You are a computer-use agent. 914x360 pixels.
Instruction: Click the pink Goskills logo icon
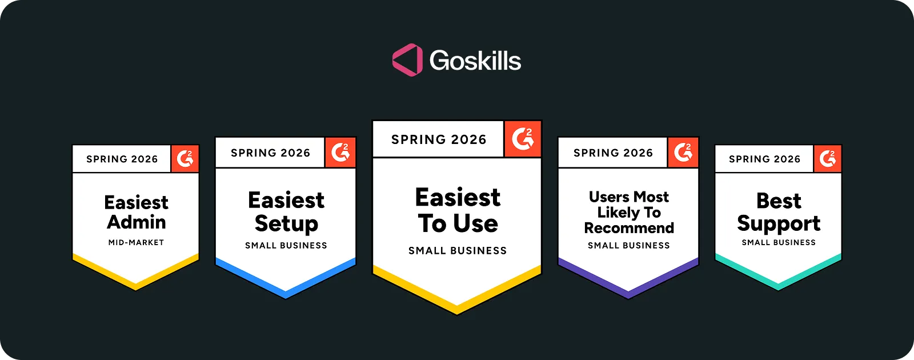pyautogui.click(x=407, y=60)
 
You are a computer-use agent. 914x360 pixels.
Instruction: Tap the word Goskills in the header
pyautogui.click(x=475, y=61)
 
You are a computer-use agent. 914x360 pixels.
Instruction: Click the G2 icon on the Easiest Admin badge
pyautogui.click(x=185, y=159)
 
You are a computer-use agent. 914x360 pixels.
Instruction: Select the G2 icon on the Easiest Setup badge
pyautogui.click(x=340, y=153)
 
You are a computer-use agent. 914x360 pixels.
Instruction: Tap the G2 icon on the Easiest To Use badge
pyautogui.click(x=523, y=139)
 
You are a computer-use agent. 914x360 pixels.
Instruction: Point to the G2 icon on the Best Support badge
pyautogui.click(x=827, y=159)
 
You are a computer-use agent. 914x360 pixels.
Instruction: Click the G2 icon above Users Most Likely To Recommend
pyautogui.click(x=683, y=153)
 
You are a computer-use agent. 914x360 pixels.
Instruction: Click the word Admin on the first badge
pyautogui.click(x=136, y=222)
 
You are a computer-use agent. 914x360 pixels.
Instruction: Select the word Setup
pyautogui.click(x=286, y=223)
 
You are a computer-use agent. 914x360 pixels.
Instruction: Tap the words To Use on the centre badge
pyautogui.click(x=458, y=223)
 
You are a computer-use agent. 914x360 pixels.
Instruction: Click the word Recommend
pyautogui.click(x=629, y=228)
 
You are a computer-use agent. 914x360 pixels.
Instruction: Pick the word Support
pyautogui.click(x=779, y=223)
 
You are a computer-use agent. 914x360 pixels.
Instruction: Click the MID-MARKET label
pyautogui.click(x=136, y=242)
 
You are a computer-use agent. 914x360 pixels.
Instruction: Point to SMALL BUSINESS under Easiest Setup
pyautogui.click(x=286, y=246)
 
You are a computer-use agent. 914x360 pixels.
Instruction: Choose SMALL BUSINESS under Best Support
pyautogui.click(x=779, y=242)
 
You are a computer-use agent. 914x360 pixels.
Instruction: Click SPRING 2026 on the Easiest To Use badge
pyautogui.click(x=439, y=139)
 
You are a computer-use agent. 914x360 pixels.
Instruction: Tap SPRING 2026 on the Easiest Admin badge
pyautogui.click(x=122, y=159)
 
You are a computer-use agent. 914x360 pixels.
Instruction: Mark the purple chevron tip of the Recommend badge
pyautogui.click(x=628, y=294)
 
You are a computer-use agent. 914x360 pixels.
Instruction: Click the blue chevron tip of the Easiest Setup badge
pyautogui.click(x=286, y=294)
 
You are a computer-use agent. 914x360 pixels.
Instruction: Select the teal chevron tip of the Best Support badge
pyautogui.click(x=778, y=286)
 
